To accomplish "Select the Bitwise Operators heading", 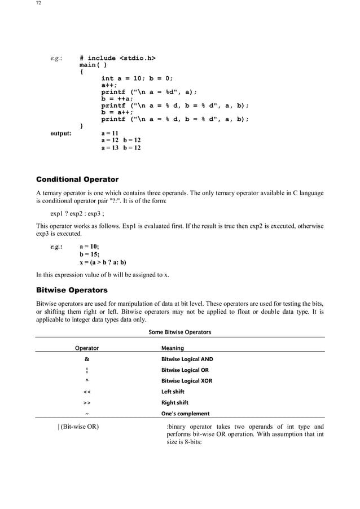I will (72, 290).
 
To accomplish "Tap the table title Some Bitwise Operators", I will (179, 332).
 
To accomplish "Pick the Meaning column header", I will (173, 348).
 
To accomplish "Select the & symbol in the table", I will (87, 359).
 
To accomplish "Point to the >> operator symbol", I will (87, 403).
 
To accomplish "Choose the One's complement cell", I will (185, 414).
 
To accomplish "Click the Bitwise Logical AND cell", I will (187, 359).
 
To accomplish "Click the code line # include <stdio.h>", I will (117, 58).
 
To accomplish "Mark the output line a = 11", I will (109, 133).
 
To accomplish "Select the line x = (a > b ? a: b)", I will (103, 262).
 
